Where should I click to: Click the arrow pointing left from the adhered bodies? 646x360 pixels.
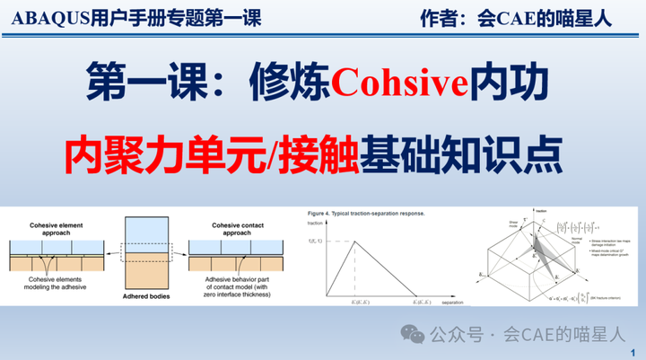coord(109,256)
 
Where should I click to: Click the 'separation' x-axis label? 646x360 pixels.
coord(454,303)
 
